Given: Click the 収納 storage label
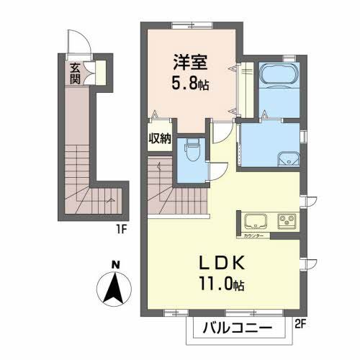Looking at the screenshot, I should point(160,139).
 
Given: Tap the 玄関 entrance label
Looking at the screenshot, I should point(74,73).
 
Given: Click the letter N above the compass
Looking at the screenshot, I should point(115,265).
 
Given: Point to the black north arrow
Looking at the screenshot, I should point(115,289).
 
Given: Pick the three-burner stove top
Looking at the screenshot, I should point(287,220).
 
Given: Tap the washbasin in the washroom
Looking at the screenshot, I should point(289,158).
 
